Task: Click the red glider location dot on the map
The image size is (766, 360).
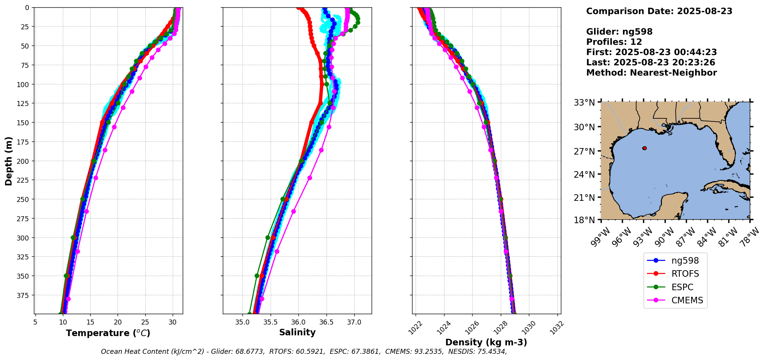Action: (644, 148)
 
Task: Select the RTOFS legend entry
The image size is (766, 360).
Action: (685, 274)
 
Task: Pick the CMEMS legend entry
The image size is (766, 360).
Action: (687, 300)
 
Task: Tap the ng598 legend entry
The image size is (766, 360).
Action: (685, 261)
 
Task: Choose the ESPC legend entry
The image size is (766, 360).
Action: (682, 287)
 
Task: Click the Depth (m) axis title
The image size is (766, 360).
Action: (9, 161)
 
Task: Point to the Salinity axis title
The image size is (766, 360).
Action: (297, 333)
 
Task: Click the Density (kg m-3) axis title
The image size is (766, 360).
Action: (486, 342)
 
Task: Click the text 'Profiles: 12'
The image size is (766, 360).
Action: (614, 42)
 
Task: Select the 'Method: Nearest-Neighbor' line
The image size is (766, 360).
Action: (651, 73)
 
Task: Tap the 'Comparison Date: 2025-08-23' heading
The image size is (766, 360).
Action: (659, 11)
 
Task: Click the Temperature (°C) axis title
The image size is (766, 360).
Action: (108, 333)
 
